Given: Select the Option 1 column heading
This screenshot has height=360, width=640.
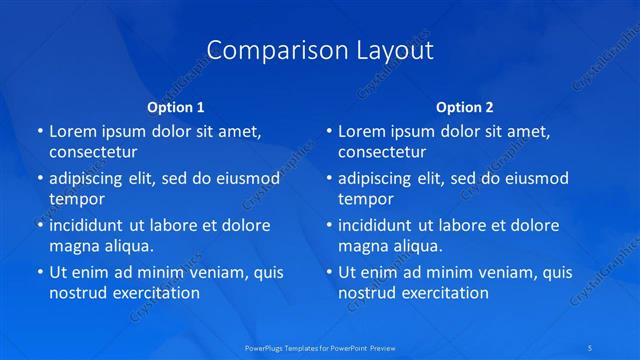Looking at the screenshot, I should [x=176, y=106].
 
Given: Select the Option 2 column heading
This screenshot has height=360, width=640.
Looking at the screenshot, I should [x=465, y=106].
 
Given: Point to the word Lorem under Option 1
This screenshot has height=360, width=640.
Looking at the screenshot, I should [x=73, y=131].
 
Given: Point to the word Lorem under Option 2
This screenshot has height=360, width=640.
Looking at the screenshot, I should [x=362, y=131].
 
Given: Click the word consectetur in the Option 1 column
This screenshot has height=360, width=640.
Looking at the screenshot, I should [x=93, y=152].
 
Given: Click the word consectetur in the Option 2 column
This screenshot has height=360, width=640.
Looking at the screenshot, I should [x=382, y=152].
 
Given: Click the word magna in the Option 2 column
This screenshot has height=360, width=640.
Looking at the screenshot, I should [x=362, y=245].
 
